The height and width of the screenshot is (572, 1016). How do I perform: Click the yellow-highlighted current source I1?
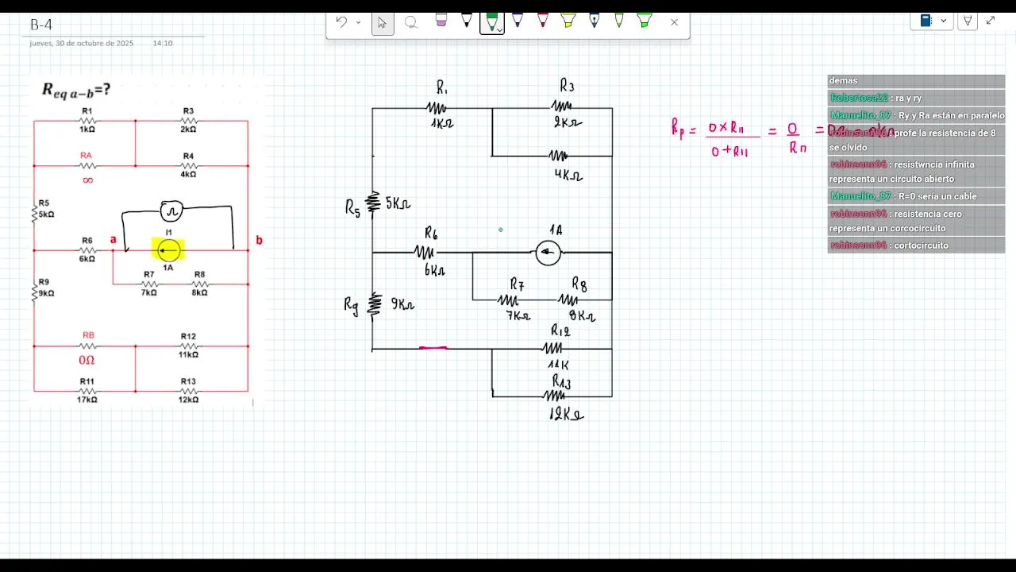168,250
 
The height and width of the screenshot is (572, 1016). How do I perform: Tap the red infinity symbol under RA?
87,180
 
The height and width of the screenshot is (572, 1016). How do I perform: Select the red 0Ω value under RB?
87,360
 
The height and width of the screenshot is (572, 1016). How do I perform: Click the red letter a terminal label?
114,239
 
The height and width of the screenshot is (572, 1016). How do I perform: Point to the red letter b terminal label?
259,240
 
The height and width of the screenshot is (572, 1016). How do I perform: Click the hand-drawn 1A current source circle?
548,253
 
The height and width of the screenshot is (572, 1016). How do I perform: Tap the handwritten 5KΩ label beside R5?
398,203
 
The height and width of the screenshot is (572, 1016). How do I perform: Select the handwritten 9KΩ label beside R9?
402,304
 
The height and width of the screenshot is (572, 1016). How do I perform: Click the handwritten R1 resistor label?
442,87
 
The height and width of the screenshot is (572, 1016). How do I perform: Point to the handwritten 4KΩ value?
568,174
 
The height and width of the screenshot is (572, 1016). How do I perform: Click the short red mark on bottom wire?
433,348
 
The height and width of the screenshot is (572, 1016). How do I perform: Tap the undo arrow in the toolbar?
341,22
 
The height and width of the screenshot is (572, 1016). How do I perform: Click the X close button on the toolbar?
675,22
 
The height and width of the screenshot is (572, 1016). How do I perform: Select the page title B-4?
41,25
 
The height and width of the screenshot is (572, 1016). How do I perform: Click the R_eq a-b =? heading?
76,91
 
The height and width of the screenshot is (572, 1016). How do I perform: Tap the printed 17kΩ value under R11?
87,400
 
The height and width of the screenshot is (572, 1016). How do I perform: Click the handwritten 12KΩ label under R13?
566,414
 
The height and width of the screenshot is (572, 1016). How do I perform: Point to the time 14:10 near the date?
163,43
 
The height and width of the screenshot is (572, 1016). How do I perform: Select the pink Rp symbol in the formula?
677,129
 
